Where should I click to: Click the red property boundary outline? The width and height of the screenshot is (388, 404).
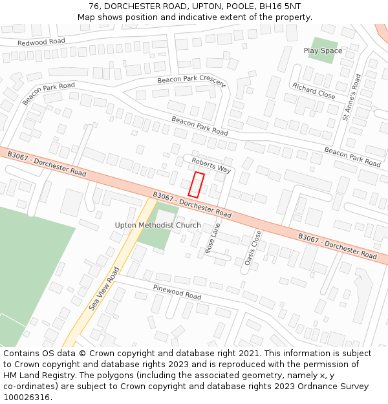[196, 184]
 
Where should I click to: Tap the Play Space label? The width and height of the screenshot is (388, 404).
[323, 50]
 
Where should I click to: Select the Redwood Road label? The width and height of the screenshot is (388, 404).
[41, 41]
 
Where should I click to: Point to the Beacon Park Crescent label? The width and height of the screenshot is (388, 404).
[191, 80]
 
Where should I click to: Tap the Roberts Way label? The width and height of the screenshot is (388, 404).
[211, 165]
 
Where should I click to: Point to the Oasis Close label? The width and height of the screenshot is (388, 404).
[253, 248]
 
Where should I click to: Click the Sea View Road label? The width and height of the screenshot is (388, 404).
[104, 289]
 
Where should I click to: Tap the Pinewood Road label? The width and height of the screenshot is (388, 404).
[177, 291]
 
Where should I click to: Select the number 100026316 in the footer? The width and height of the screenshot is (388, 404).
[27, 397]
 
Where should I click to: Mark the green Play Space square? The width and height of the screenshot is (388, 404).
[322, 50]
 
